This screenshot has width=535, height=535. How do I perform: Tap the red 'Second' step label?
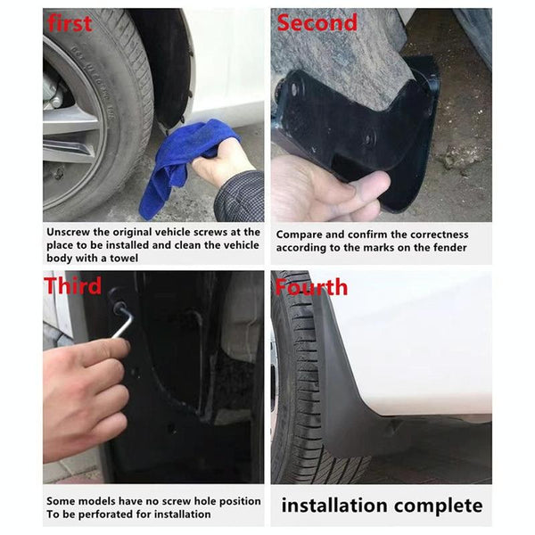(317, 22)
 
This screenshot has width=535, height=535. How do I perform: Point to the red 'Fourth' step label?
(311, 287)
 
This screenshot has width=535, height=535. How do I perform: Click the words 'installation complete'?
(382, 506)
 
